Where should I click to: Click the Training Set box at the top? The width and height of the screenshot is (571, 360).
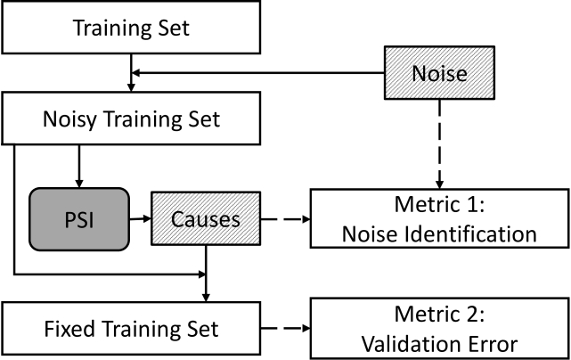pos(131,28)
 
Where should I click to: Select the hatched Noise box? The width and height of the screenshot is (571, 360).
pos(439,72)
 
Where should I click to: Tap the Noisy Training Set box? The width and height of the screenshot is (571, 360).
pos(131,119)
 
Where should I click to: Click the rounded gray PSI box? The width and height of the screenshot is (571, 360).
pos(79,219)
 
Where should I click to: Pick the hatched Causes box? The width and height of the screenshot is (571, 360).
pos(206,218)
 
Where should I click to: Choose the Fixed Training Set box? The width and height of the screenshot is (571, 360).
pos(131,328)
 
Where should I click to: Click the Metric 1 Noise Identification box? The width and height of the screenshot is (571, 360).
pos(439,218)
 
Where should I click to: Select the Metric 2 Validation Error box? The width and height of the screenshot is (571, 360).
pos(439,328)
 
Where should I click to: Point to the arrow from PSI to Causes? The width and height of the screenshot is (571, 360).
pos(140,218)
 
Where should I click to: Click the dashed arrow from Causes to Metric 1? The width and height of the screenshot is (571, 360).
pos(285,219)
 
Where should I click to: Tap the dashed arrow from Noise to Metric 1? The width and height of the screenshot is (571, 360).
pos(439,144)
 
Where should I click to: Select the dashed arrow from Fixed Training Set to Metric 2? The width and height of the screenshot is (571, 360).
pos(285,328)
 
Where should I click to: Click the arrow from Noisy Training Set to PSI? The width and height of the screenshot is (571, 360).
pos(79,166)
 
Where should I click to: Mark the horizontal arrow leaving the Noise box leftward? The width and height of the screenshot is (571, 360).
pos(257,73)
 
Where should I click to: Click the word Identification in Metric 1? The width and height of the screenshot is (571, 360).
pos(469,234)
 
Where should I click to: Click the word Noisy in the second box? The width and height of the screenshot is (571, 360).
pos(70,119)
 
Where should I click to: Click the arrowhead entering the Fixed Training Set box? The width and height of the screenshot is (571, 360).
pos(206,297)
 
